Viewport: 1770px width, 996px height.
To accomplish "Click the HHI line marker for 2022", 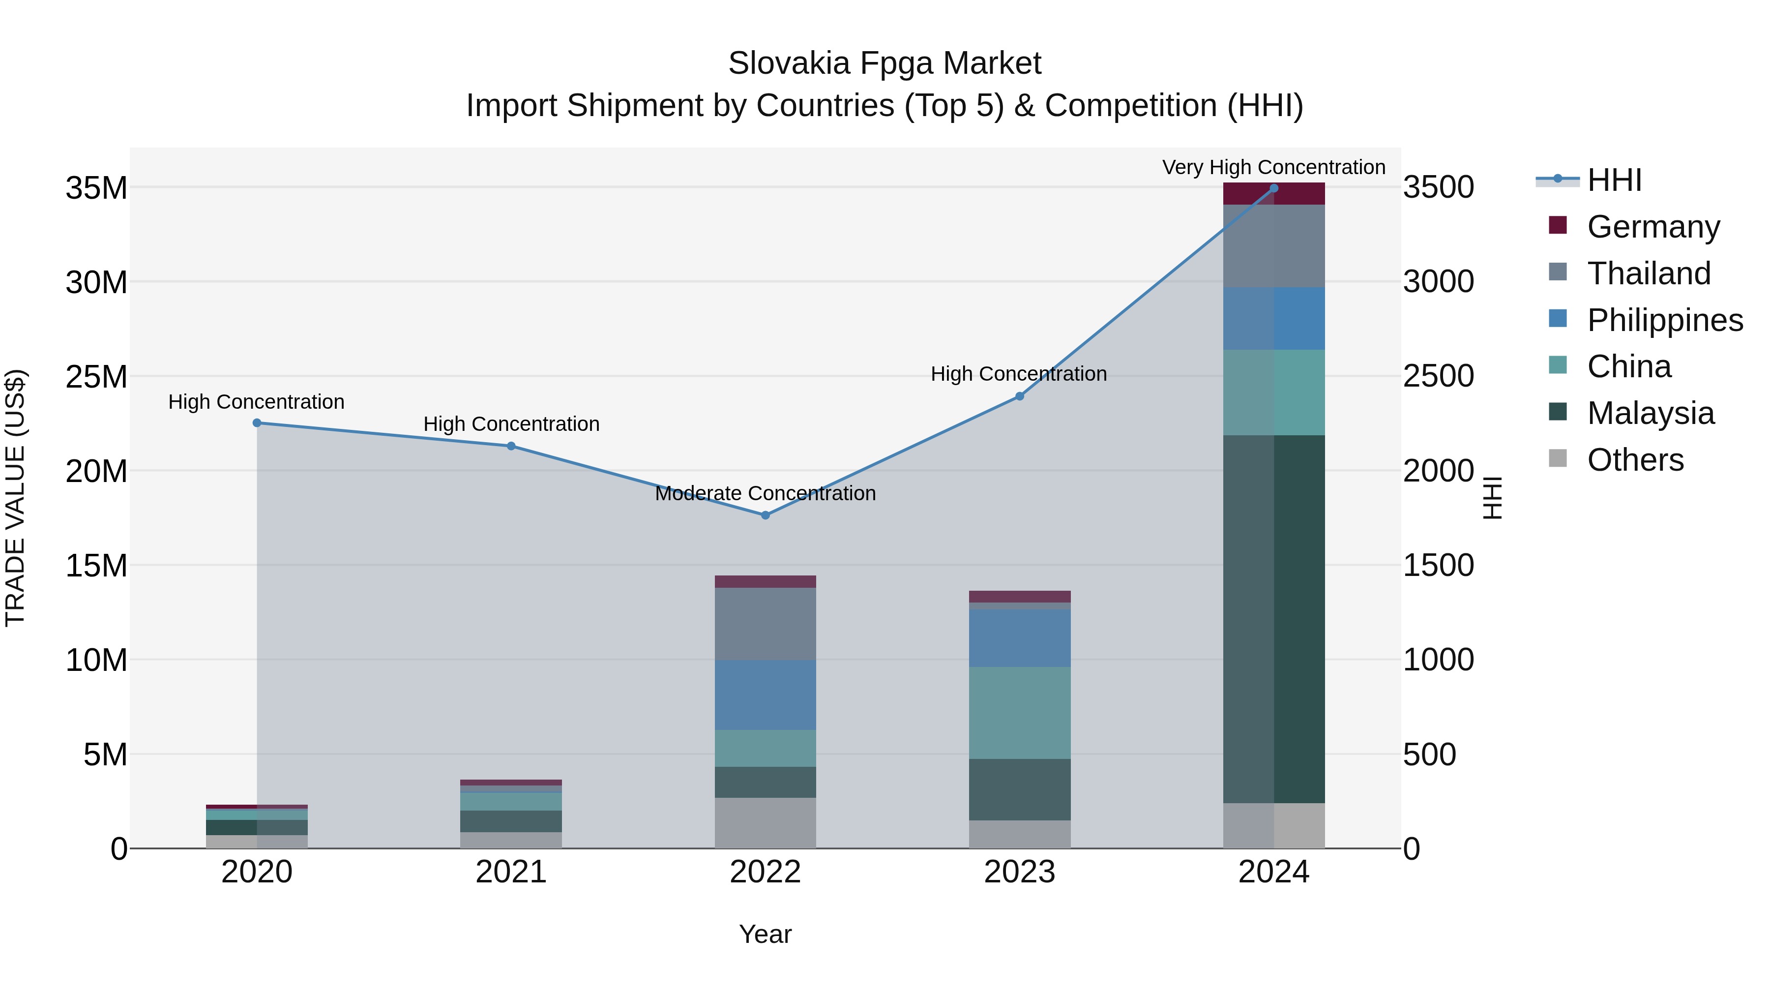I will (766, 515).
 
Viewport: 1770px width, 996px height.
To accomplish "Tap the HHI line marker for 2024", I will (1274, 188).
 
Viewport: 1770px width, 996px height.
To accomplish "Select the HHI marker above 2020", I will (257, 423).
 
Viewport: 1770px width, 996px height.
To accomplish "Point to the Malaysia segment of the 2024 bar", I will (1274, 619).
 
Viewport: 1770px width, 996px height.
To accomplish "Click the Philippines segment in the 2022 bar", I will (766, 694).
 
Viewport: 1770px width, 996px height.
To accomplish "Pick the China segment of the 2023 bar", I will (1020, 712).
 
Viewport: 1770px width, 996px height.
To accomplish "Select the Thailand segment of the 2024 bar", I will (1274, 245).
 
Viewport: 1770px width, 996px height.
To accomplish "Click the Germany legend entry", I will (1652, 227).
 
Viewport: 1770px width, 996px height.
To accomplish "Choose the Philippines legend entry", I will (1664, 320).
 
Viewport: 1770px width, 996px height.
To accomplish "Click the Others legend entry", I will (1635, 460).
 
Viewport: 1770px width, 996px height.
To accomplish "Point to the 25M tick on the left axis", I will (97, 377).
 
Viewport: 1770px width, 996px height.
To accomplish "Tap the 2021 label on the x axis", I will (511, 872).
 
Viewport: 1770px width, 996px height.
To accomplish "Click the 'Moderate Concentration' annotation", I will (766, 493).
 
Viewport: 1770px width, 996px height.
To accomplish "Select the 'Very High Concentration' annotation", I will (1274, 167).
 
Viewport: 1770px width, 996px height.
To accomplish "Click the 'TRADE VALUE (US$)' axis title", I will (15, 498).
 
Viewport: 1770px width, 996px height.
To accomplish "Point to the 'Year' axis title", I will (766, 934).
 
